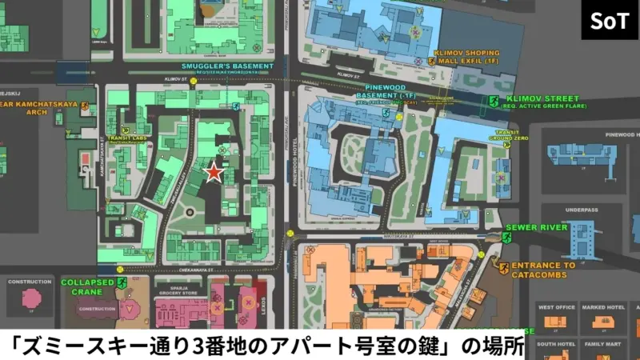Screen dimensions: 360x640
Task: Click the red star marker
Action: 214,172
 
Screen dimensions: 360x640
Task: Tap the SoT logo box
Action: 610,20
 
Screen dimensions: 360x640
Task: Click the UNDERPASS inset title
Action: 582,210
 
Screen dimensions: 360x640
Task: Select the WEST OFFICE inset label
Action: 557,307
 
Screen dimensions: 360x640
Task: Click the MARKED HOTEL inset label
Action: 602,307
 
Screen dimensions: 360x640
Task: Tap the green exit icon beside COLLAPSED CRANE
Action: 122,282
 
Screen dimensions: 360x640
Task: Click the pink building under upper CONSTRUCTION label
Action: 32,298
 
